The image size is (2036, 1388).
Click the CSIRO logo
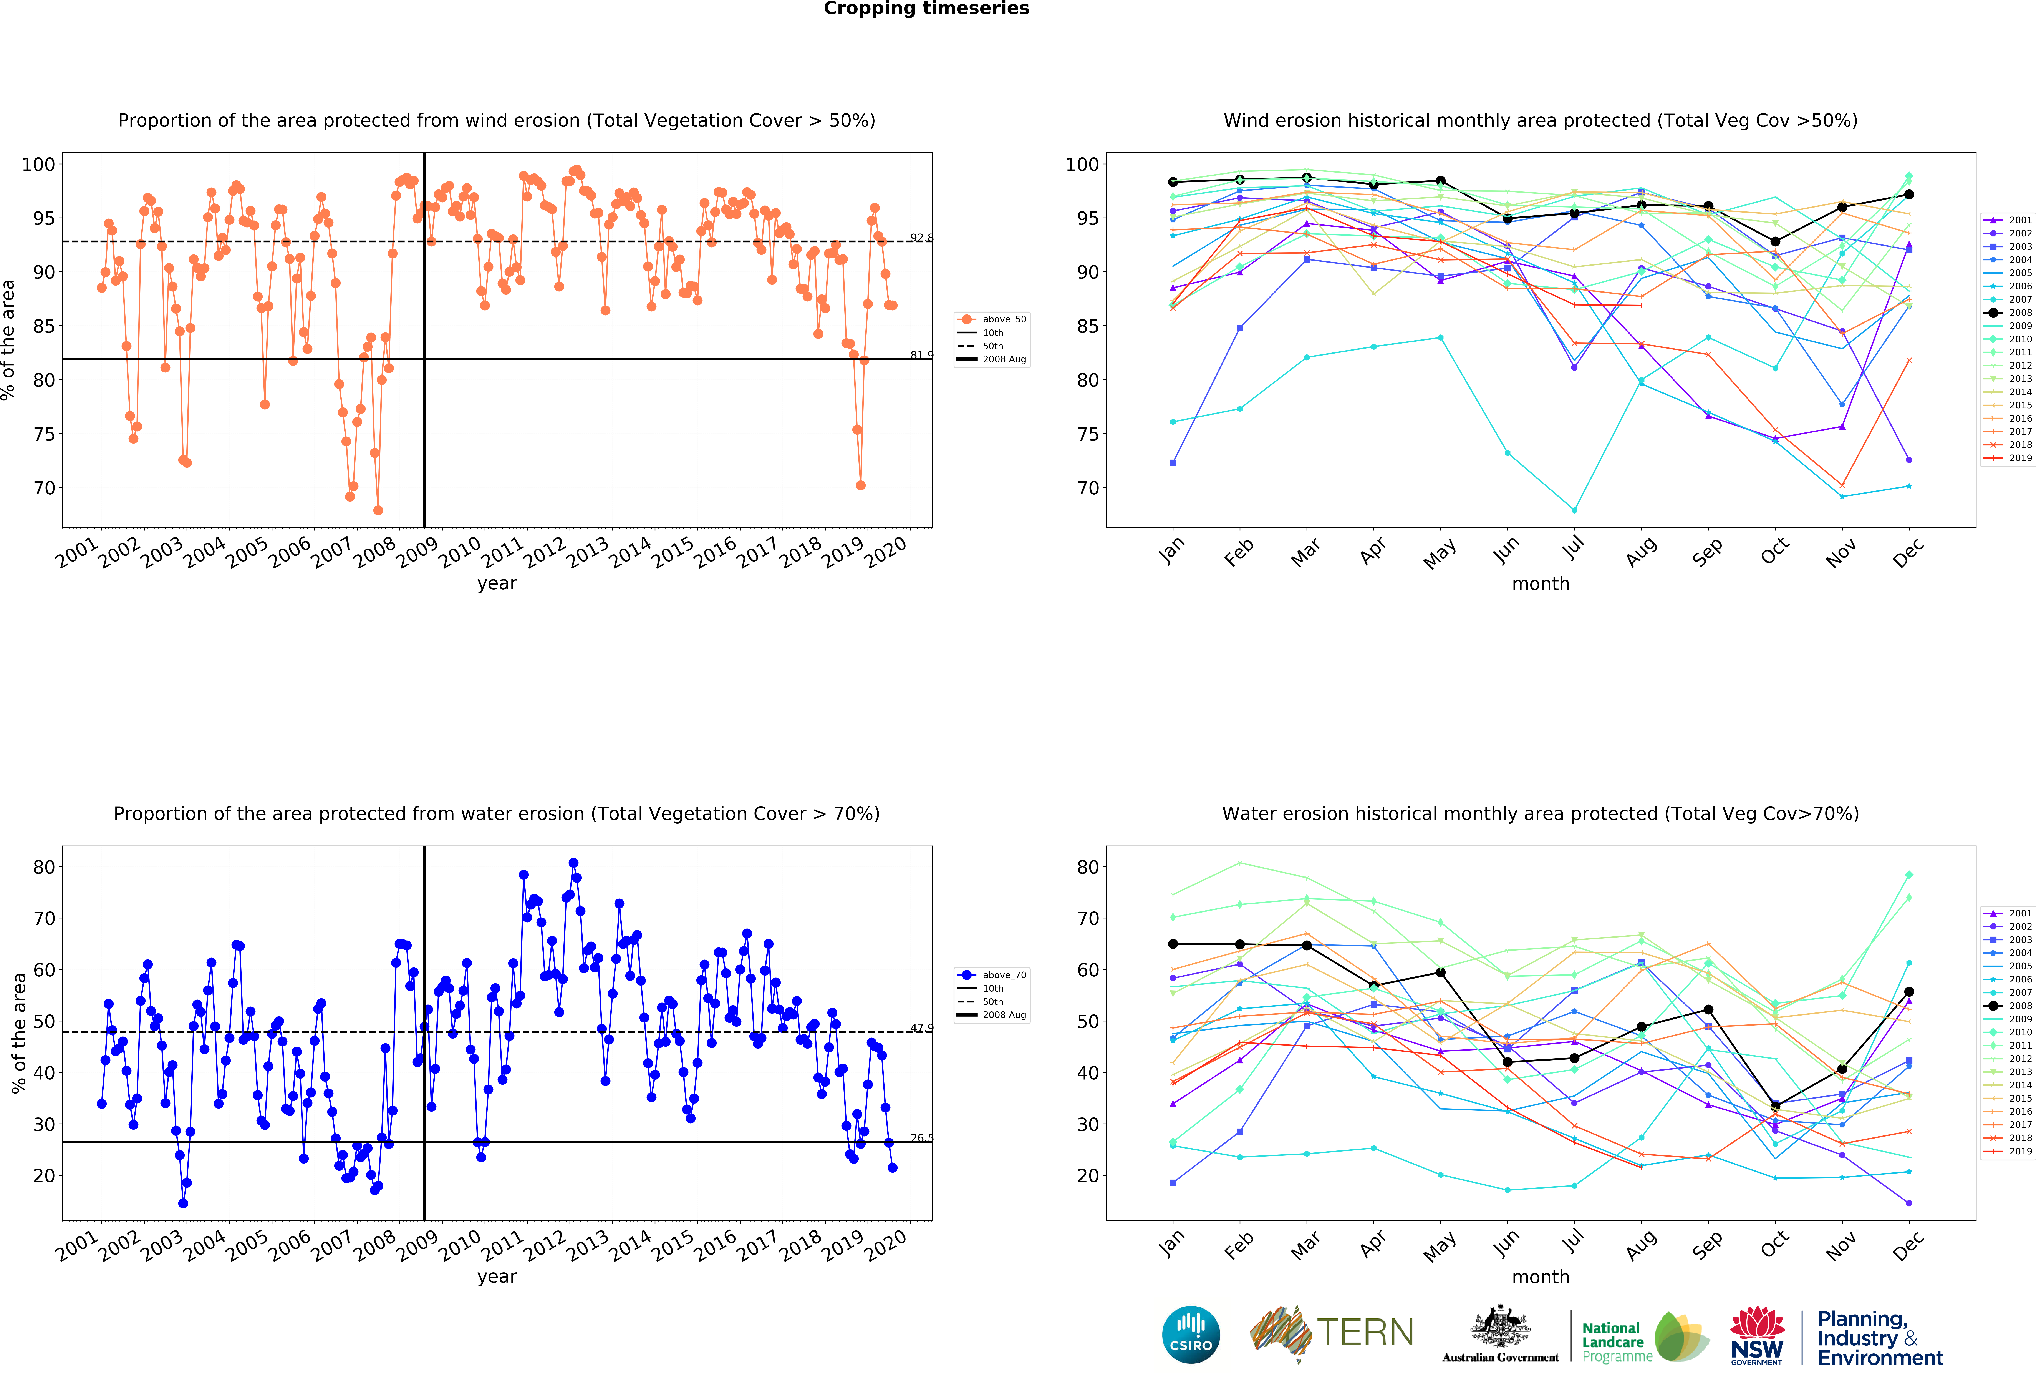(1191, 1335)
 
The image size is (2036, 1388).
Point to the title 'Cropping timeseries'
(926, 9)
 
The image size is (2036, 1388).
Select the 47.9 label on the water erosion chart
(921, 1028)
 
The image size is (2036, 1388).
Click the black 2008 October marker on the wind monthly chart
(1775, 242)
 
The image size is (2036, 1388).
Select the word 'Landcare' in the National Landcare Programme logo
(1613, 1342)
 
